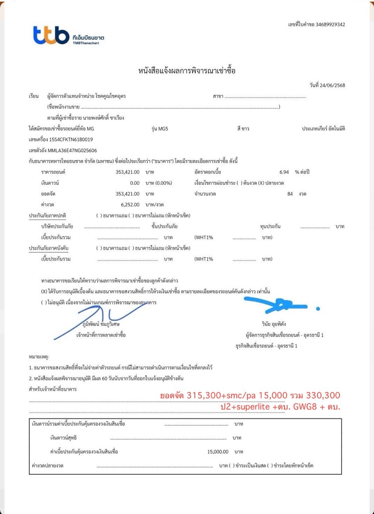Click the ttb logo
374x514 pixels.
click(x=51, y=35)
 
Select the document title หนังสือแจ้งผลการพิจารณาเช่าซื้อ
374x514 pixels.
click(x=187, y=71)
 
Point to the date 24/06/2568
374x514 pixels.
click(x=333, y=85)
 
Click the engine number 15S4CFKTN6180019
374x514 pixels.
click(x=70, y=139)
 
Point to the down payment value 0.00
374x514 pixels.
click(x=135, y=183)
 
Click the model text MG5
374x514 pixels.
click(x=162, y=128)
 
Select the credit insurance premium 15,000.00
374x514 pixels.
click(x=218, y=451)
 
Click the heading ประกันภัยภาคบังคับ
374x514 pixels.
click(x=48, y=248)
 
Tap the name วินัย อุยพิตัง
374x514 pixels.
click(x=273, y=324)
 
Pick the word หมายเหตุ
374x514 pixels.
click(x=39, y=357)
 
